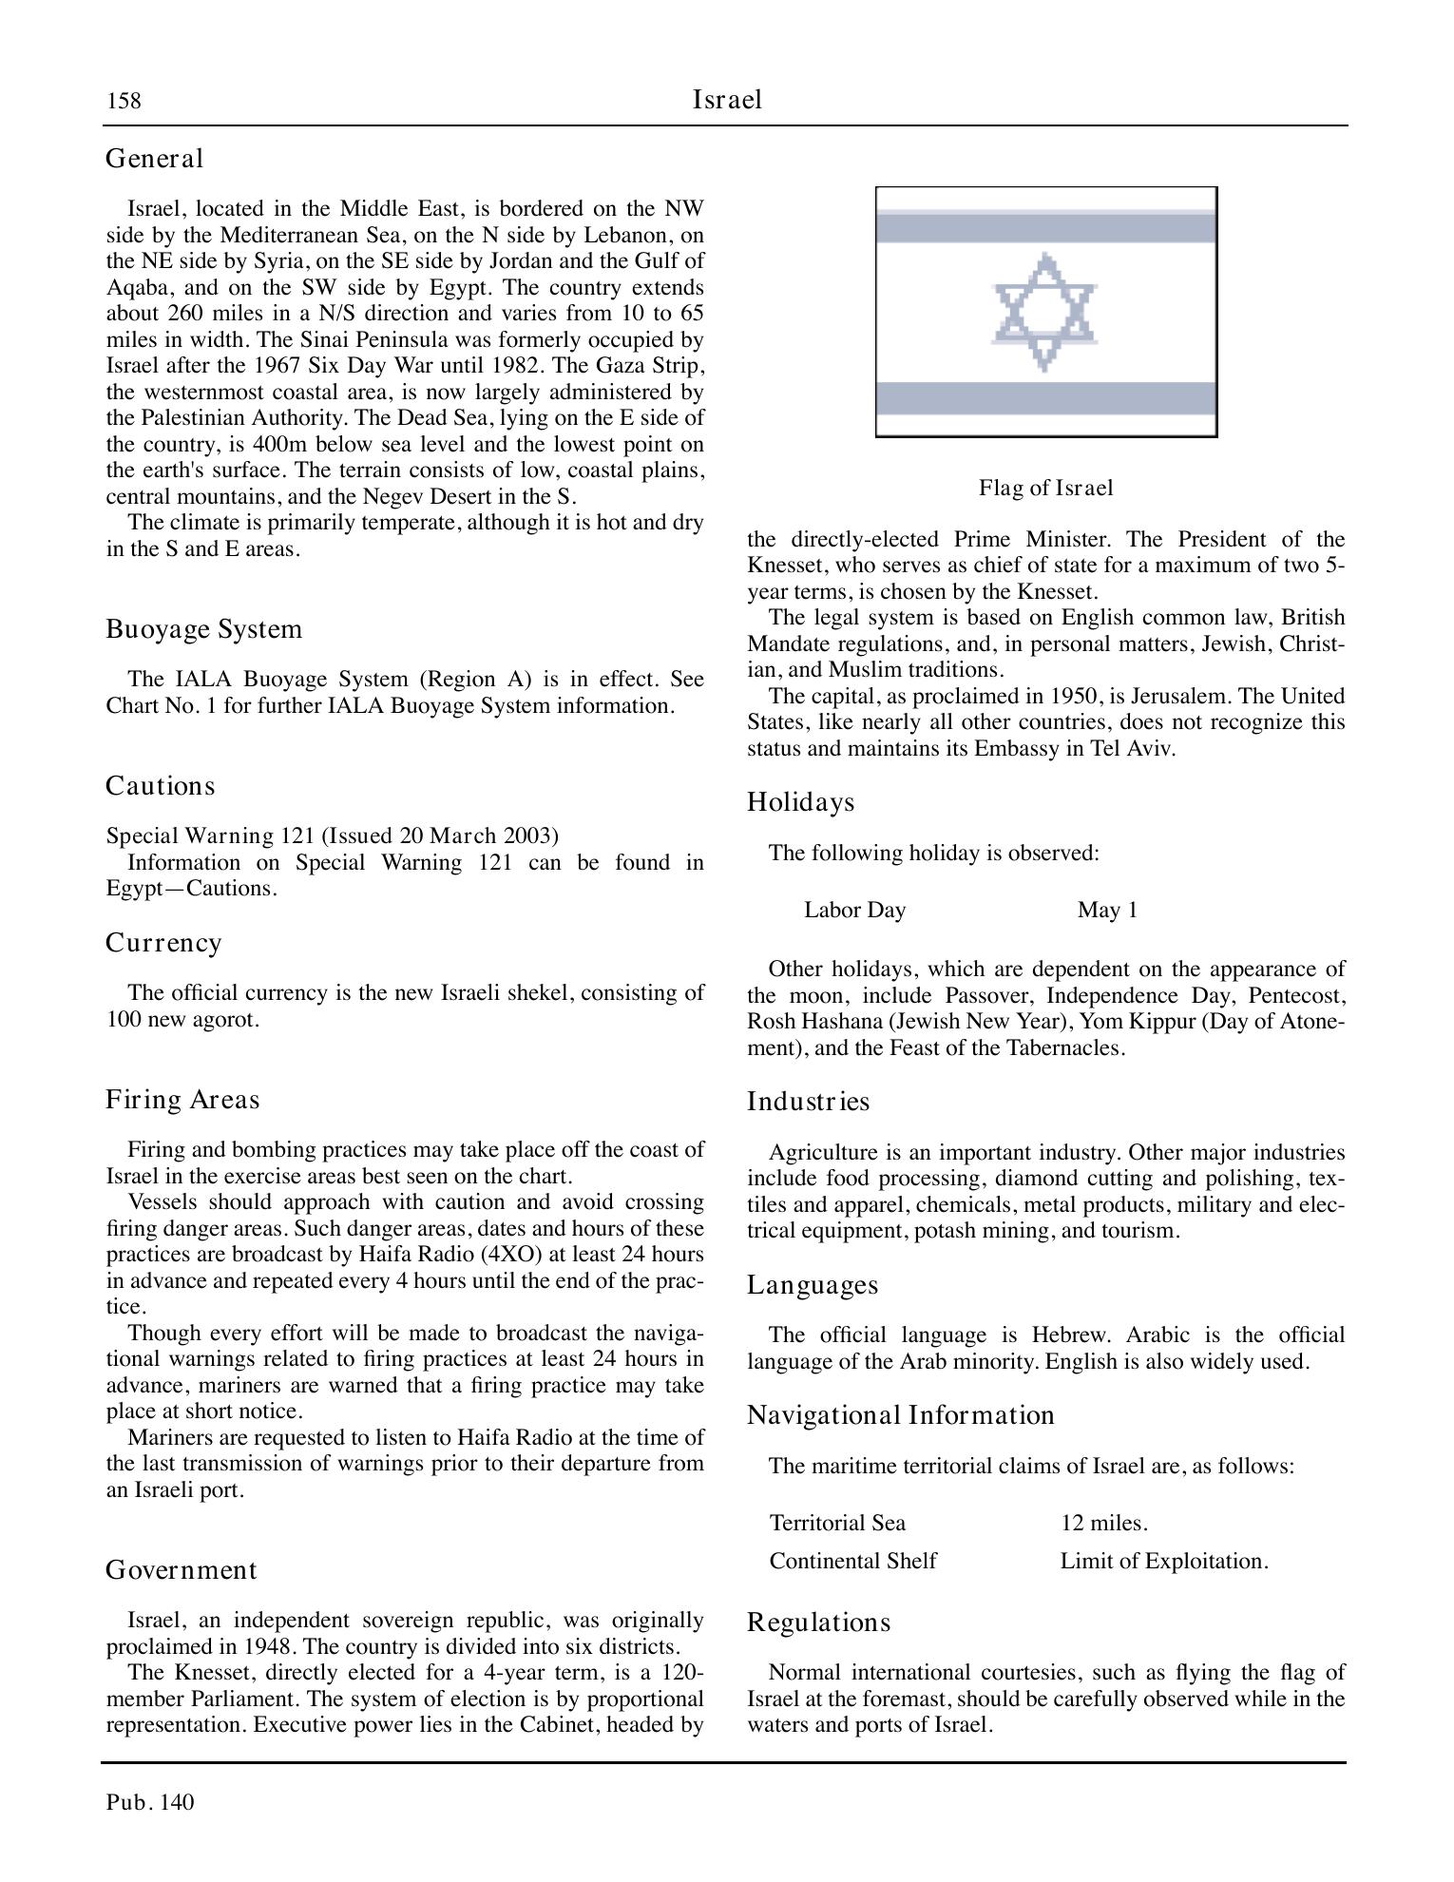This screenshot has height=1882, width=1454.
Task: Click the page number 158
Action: click(124, 101)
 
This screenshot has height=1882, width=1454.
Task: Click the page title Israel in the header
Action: click(727, 100)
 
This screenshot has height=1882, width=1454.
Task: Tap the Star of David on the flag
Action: click(1044, 312)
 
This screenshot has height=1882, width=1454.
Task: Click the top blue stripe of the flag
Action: click(1045, 228)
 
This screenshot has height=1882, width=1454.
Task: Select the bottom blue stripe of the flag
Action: click(1045, 398)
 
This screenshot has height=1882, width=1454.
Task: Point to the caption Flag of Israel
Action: click(1045, 489)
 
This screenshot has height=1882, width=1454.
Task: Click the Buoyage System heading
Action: click(203, 629)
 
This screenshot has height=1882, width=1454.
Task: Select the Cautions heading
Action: click(161, 786)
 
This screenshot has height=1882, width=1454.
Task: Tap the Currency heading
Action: click(163, 943)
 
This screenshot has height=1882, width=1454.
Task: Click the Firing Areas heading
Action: click(182, 1100)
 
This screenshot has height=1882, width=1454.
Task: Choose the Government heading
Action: click(181, 1570)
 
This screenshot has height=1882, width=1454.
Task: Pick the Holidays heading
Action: click(801, 802)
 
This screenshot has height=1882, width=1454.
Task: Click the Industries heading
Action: click(809, 1102)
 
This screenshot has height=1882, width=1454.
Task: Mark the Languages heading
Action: click(813, 1285)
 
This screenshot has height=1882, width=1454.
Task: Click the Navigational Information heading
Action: click(901, 1415)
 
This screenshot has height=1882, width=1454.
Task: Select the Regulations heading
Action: click(819, 1623)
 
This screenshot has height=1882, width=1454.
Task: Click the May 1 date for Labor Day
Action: click(1107, 911)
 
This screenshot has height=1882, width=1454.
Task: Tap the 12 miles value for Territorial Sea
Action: click(1104, 1524)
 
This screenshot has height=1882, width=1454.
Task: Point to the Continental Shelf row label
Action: click(852, 1562)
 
